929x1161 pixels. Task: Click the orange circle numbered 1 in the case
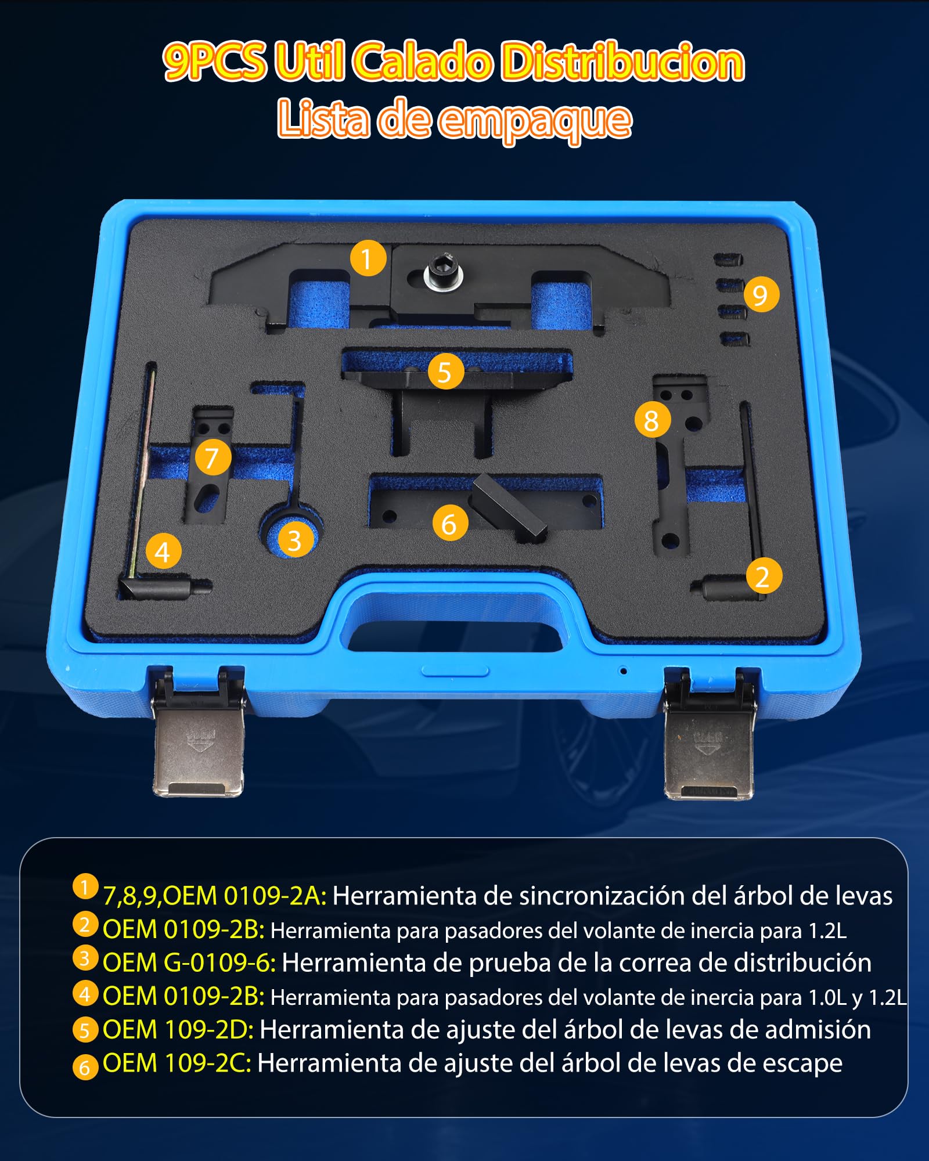click(368, 258)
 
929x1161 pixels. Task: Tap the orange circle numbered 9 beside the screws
click(761, 294)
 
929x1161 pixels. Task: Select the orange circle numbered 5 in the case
click(446, 372)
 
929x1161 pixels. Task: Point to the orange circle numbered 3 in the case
click(296, 539)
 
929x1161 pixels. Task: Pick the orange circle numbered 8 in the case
click(653, 420)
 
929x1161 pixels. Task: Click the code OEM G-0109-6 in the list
click(189, 963)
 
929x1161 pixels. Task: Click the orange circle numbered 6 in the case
click(451, 523)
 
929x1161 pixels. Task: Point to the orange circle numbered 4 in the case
click(163, 551)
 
